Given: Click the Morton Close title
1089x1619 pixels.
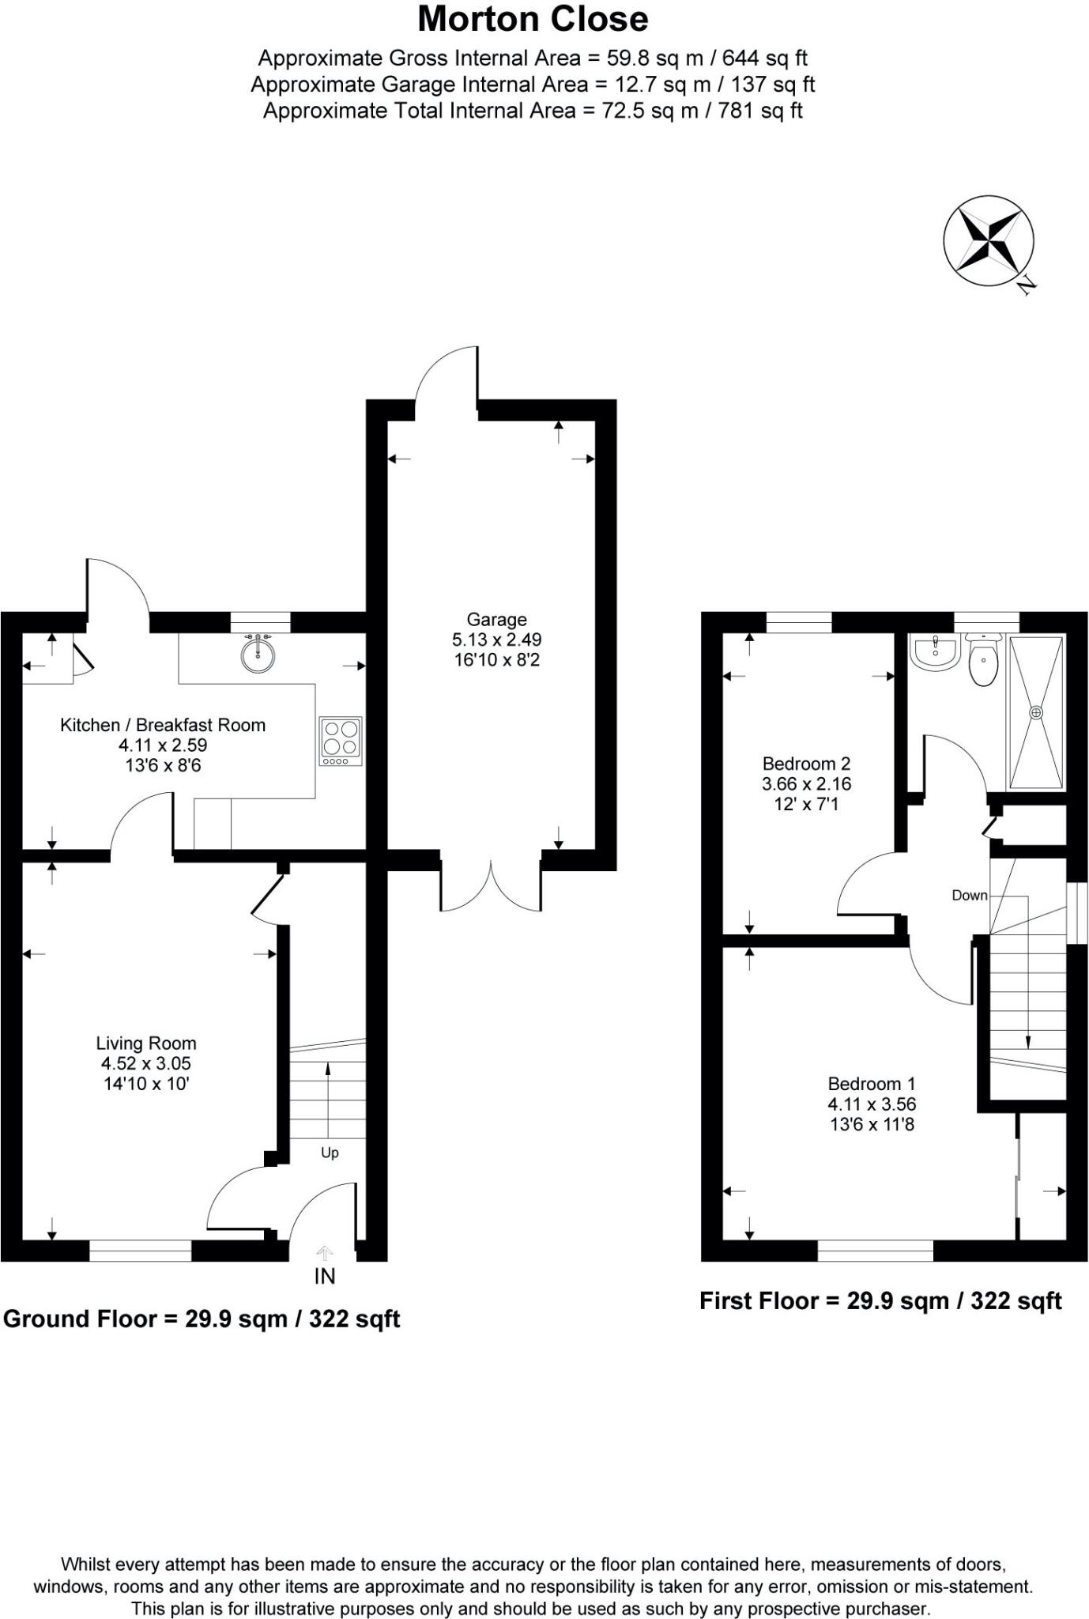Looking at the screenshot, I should point(533,19).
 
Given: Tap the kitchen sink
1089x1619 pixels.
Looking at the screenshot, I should point(258,653).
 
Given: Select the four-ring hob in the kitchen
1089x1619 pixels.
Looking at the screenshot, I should point(341,741).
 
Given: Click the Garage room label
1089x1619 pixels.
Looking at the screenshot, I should point(496,620).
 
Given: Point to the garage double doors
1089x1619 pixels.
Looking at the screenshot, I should point(491,884).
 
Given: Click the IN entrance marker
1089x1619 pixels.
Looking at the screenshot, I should point(325,1275).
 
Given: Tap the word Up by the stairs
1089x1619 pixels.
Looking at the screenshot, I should point(330,1153).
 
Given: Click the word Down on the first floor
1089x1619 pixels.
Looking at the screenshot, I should point(970,895).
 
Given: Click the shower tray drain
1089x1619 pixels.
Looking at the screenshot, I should point(1036,712).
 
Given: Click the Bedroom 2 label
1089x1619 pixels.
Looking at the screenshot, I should point(806,764).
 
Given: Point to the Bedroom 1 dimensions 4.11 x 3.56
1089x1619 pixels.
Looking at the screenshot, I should point(872,1104).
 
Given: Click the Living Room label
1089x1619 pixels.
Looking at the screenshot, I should point(146,1043).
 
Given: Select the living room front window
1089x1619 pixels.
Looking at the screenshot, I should point(140,1250).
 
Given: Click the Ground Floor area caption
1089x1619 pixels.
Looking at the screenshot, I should point(202,1319).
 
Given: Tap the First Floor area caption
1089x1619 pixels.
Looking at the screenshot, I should point(880,1300).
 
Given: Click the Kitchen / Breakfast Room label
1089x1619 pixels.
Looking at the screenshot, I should point(163,725).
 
